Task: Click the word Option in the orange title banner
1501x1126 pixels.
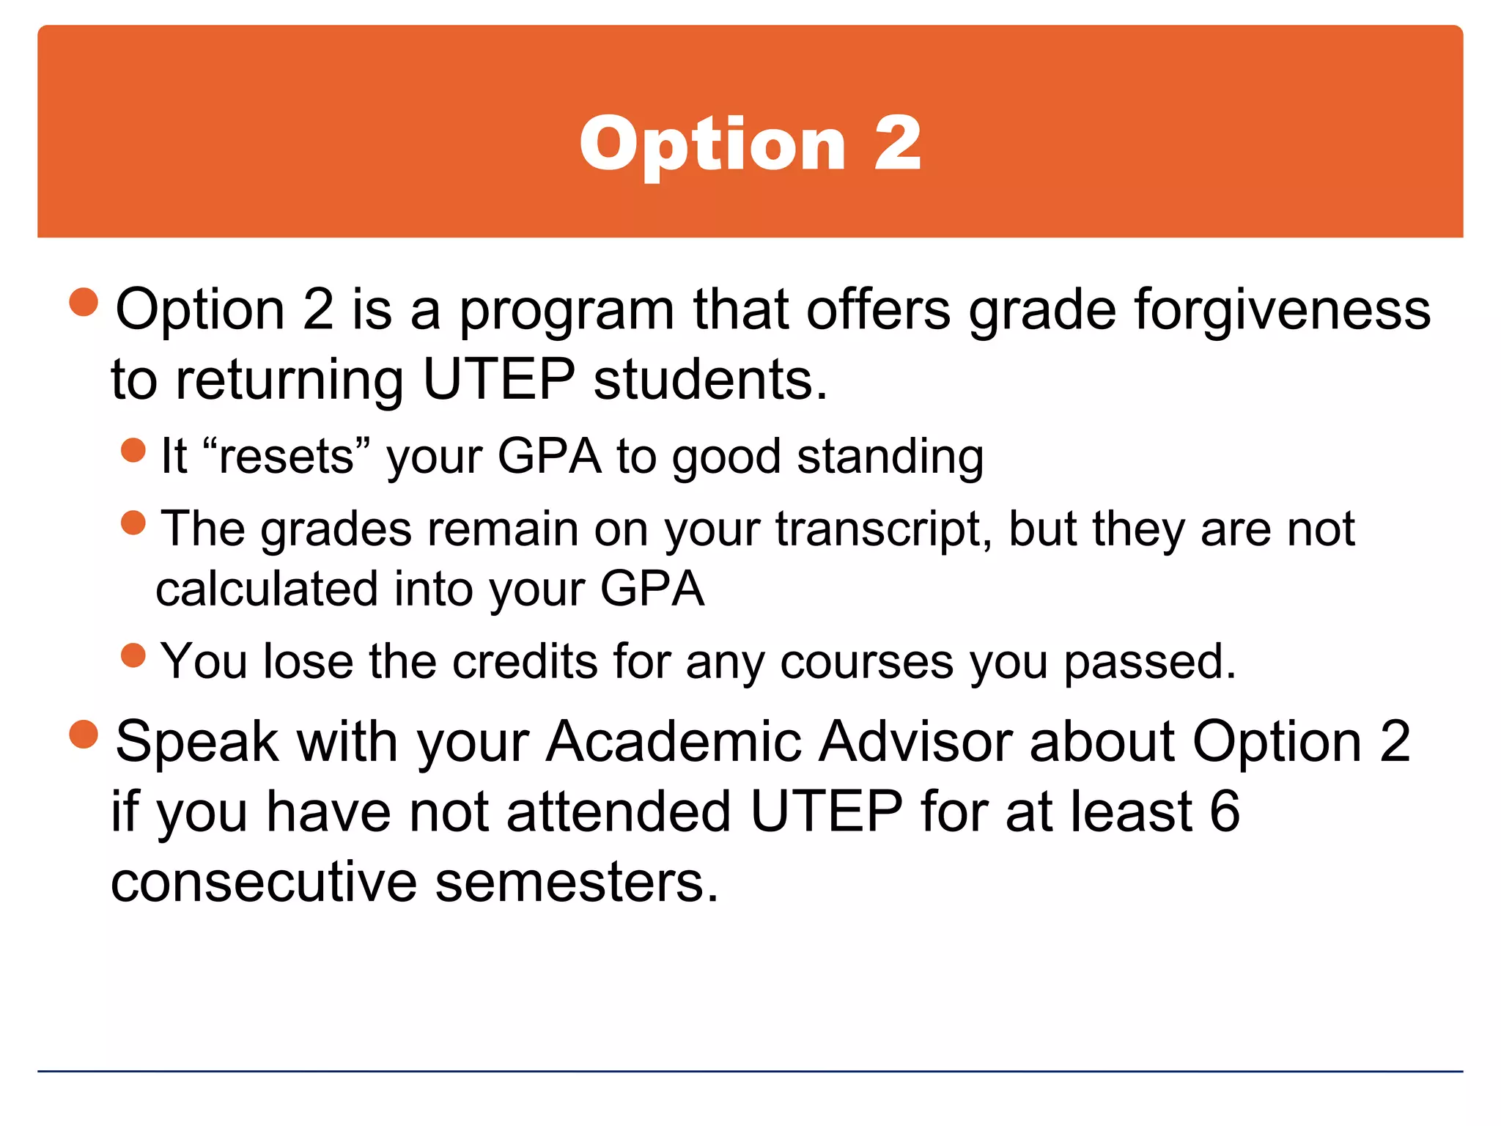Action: coord(712,145)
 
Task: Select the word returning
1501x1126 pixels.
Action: coord(289,381)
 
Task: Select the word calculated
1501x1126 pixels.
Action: coord(267,589)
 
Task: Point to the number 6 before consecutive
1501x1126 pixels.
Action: coord(1225,812)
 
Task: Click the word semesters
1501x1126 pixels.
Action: coord(576,882)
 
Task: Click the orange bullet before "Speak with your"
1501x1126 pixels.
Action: coord(84,734)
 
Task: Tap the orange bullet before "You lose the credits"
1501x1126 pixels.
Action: coord(133,655)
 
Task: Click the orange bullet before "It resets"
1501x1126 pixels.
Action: coord(133,450)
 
